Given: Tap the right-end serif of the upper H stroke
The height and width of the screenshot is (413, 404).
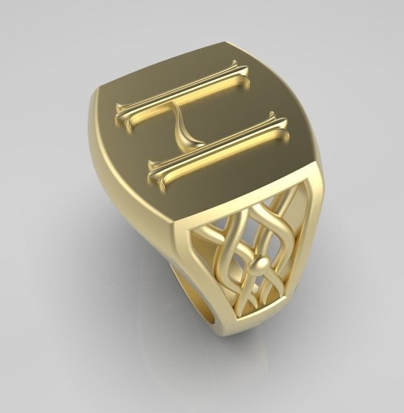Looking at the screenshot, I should point(235,68).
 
